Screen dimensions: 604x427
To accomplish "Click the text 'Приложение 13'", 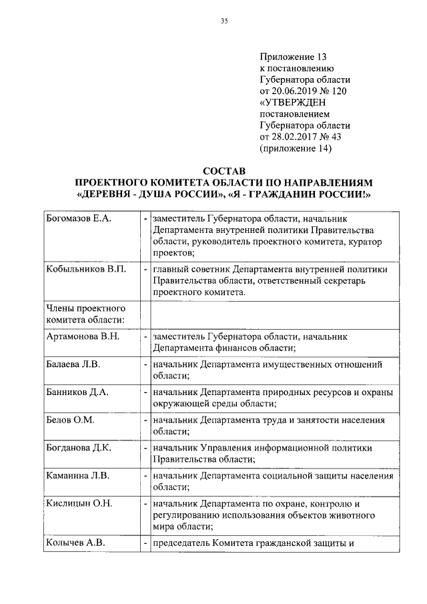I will click(x=290, y=58).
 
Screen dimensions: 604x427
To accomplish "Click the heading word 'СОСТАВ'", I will click(x=224, y=171).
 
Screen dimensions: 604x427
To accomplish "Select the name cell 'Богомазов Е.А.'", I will click(x=78, y=219).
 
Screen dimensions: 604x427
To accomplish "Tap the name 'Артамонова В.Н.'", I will click(x=83, y=336).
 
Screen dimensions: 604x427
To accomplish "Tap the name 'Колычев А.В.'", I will click(x=76, y=542).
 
